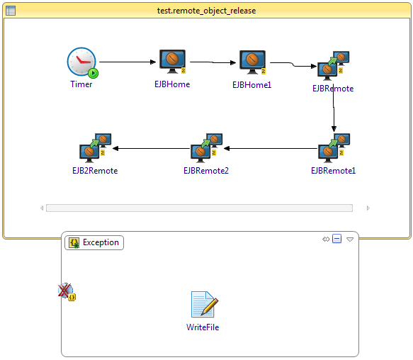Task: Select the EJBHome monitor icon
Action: [173, 62]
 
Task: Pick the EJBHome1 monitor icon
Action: [253, 62]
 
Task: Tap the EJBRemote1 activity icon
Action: [334, 148]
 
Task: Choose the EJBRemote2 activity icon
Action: [207, 148]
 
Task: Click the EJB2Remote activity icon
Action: [96, 148]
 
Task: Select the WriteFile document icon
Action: [205, 304]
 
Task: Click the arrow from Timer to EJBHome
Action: [128, 62]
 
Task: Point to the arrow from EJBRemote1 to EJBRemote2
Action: [271, 149]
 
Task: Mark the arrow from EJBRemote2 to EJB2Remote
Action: [151, 149]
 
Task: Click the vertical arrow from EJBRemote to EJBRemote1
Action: [334, 108]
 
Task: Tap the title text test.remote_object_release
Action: [207, 11]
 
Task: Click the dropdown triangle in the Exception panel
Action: [350, 240]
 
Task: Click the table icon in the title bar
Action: [11, 11]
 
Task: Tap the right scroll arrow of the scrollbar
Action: [368, 208]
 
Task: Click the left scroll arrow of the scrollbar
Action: [42, 208]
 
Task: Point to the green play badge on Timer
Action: [93, 73]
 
